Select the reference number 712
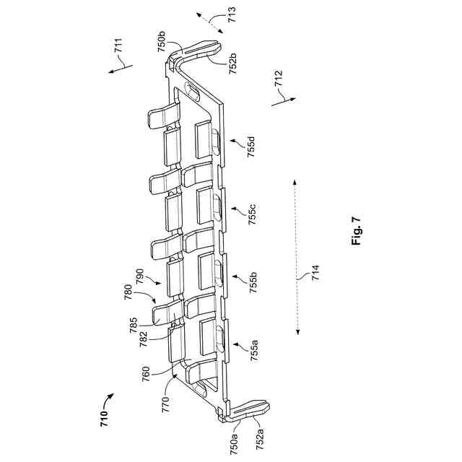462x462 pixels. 279,79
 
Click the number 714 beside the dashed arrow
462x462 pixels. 315,279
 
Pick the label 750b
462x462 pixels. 163,40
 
